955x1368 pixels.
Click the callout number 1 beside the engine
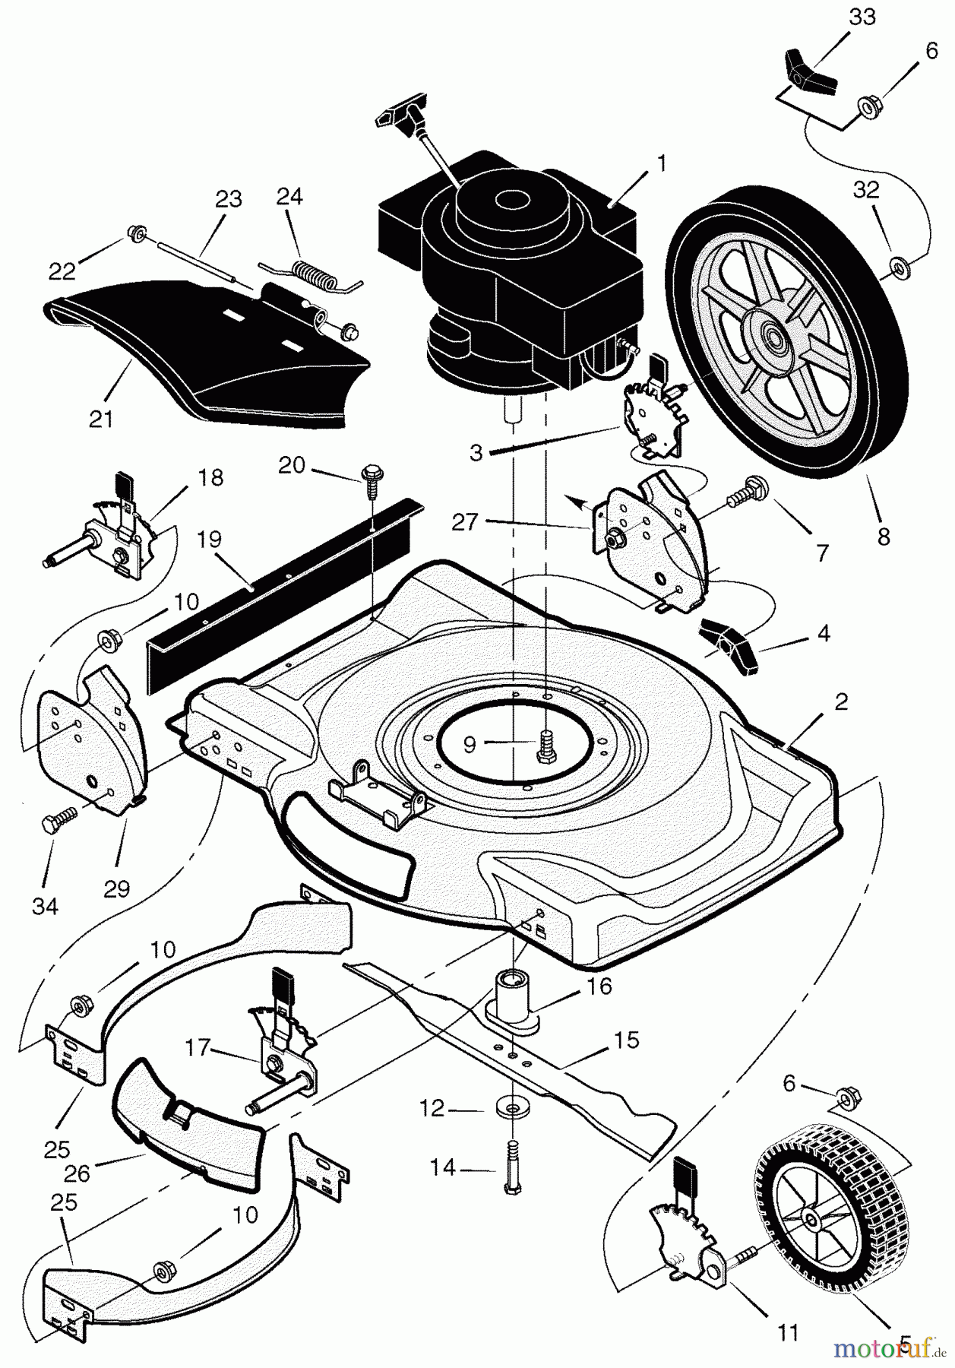tap(661, 163)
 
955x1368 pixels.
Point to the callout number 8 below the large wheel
tap(883, 537)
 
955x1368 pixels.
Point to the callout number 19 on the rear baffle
tap(210, 540)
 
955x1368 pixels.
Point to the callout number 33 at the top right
tap(862, 17)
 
